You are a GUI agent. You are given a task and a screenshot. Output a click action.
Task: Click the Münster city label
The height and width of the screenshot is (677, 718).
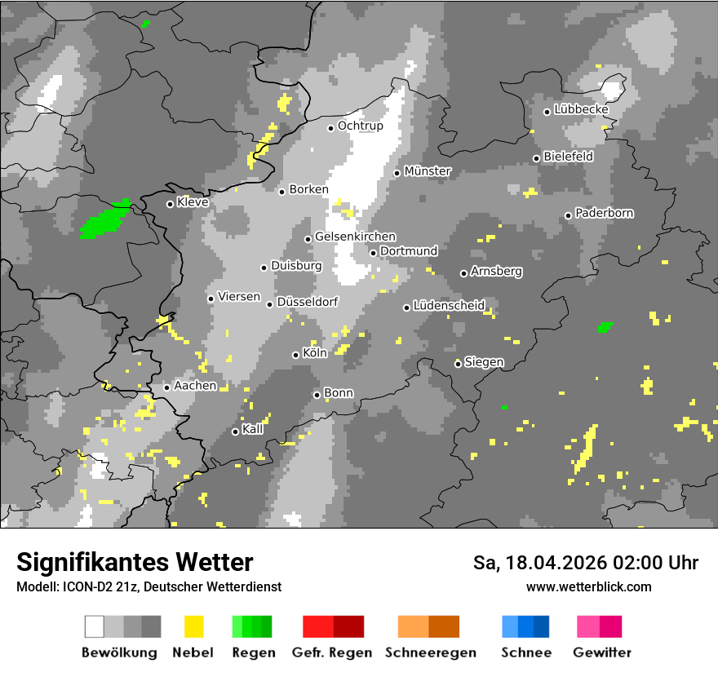pos(428,171)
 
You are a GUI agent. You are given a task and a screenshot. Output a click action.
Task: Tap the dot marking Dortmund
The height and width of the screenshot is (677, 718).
pos(373,252)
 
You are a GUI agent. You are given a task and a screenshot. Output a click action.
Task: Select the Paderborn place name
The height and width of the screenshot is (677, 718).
pos(605,213)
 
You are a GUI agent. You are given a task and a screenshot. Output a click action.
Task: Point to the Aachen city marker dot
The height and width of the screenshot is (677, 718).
pos(166,387)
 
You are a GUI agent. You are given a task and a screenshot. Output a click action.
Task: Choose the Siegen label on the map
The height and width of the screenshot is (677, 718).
pos(484,361)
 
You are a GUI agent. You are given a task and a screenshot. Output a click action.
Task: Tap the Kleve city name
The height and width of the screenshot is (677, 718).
pos(193,201)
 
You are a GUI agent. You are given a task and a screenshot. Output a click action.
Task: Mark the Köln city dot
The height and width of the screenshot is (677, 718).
pos(295,355)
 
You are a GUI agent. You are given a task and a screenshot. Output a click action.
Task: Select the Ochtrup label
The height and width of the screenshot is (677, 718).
pos(360,126)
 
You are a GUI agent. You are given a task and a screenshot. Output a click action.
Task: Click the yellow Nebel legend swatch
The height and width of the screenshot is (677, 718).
pos(193,626)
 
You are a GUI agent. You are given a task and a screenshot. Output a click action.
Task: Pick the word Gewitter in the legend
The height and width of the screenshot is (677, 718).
pos(602,653)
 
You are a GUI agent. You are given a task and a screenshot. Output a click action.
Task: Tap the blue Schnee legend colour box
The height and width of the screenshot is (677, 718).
pos(525,626)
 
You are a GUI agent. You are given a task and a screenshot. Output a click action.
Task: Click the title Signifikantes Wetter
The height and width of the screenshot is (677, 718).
pos(135,562)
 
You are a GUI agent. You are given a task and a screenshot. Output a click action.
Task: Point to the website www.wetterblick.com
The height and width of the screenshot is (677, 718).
pos(589,586)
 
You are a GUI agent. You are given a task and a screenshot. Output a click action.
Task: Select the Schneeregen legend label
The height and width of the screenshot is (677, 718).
pos(431,653)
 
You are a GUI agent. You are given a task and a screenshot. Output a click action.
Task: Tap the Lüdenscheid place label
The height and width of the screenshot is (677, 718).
pos(449,306)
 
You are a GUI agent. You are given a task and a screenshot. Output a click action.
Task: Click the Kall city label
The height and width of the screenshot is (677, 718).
pos(253,429)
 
